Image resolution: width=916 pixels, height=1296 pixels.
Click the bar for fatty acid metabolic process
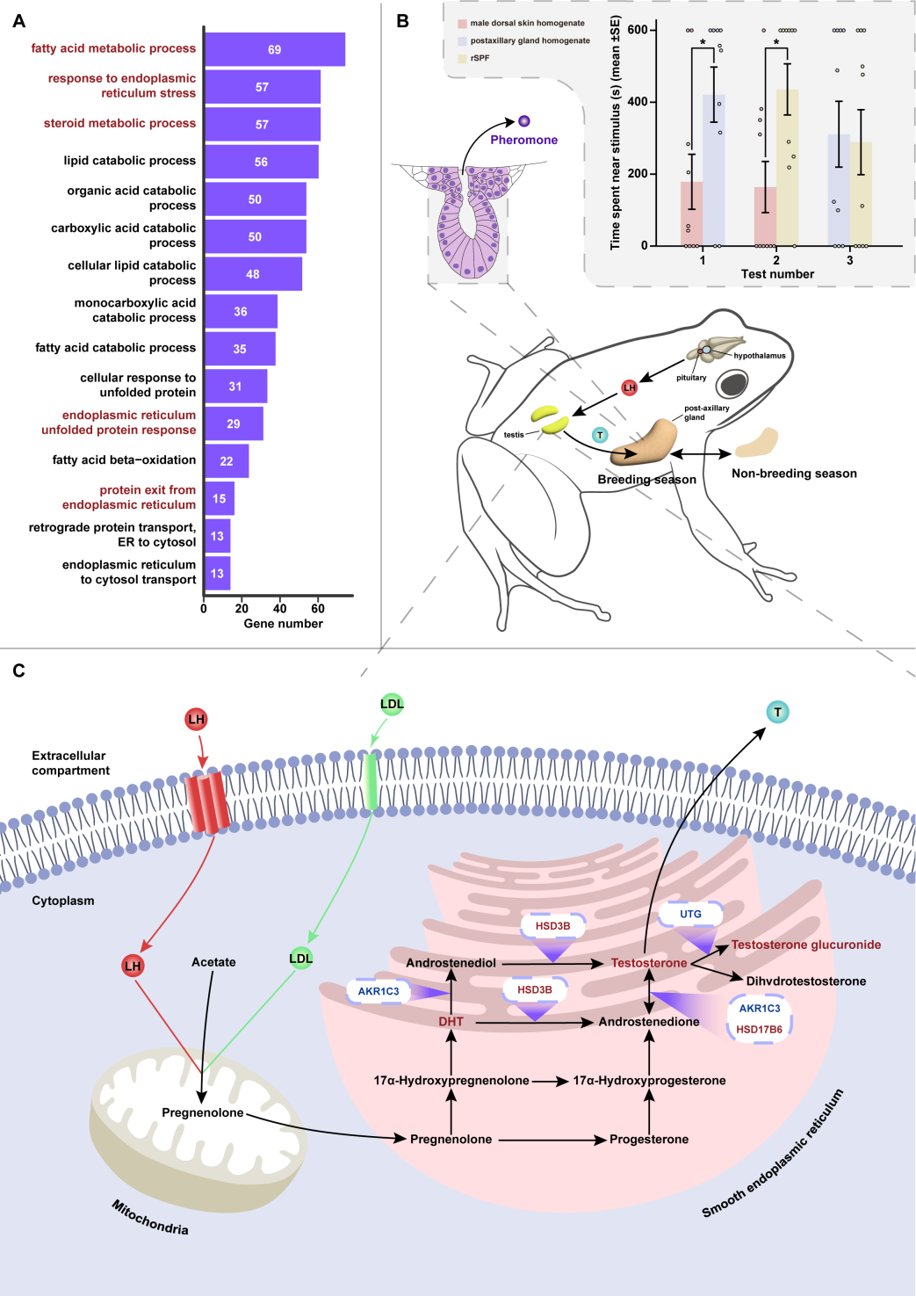tap(274, 49)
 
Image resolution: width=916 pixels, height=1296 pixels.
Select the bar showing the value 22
tap(227, 461)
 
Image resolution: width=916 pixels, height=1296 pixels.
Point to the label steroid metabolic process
tap(119, 124)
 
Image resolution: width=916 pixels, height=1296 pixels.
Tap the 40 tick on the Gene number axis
tap(280, 608)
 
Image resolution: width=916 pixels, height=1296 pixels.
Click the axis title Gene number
tap(283, 624)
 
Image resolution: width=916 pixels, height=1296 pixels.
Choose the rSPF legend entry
tap(480, 58)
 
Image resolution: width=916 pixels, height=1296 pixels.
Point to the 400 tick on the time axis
tap(637, 102)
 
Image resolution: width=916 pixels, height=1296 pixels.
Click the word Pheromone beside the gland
tap(523, 140)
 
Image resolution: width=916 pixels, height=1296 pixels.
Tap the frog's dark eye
tap(732, 384)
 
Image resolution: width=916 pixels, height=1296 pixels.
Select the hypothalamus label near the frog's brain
tap(760, 356)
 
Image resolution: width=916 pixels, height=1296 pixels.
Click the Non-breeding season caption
tap(794, 474)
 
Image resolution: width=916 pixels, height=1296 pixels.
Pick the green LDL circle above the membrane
tap(392, 704)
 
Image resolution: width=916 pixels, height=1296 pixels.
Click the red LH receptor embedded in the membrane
tap(207, 802)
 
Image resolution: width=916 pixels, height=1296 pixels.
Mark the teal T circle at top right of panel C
tap(777, 713)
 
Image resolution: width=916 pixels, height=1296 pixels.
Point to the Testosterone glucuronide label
tap(805, 945)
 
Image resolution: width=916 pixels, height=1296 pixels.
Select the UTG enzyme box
tap(690, 914)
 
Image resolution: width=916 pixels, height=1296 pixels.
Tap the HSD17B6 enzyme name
tap(759, 1030)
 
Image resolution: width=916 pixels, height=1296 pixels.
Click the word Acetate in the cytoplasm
tap(213, 962)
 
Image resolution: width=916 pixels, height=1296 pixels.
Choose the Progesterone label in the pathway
tap(649, 1140)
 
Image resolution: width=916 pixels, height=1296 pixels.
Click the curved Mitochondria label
tap(150, 1218)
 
